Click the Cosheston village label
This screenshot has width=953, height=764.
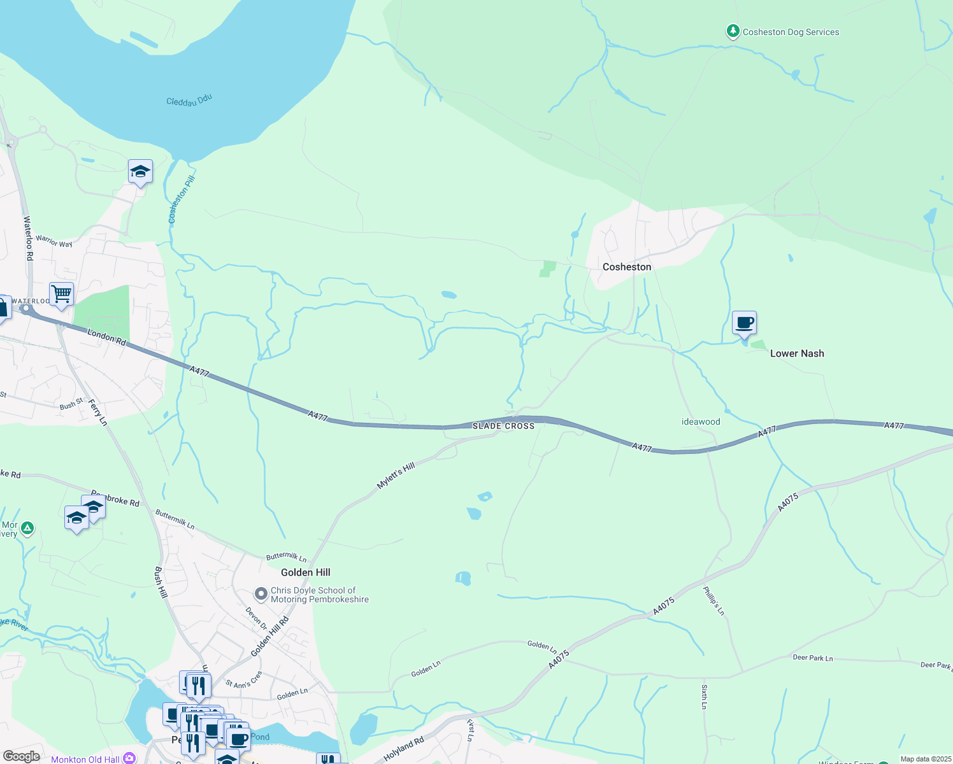[627, 267]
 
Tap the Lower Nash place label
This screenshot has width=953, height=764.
[797, 353]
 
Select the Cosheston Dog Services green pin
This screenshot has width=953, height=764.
[733, 31]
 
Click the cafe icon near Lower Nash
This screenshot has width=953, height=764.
[744, 323]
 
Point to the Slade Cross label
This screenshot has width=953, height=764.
[503, 426]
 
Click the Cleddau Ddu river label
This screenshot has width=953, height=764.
[189, 101]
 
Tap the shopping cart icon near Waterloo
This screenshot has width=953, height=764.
[62, 294]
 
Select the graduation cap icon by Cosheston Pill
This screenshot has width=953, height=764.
[140, 171]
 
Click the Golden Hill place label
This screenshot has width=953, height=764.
[306, 572]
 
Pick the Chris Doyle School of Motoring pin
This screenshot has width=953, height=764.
[261, 594]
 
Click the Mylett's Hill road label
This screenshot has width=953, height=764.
[396, 476]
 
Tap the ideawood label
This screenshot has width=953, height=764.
[701, 421]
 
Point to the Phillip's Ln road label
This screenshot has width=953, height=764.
[713, 601]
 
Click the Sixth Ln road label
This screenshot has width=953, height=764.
[705, 697]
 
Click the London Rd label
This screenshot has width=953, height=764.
[106, 336]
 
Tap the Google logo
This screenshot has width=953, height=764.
[21, 756]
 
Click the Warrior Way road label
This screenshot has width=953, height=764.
[54, 241]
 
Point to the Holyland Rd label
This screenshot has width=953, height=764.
[404, 750]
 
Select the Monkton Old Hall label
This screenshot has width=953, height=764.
[85, 759]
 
